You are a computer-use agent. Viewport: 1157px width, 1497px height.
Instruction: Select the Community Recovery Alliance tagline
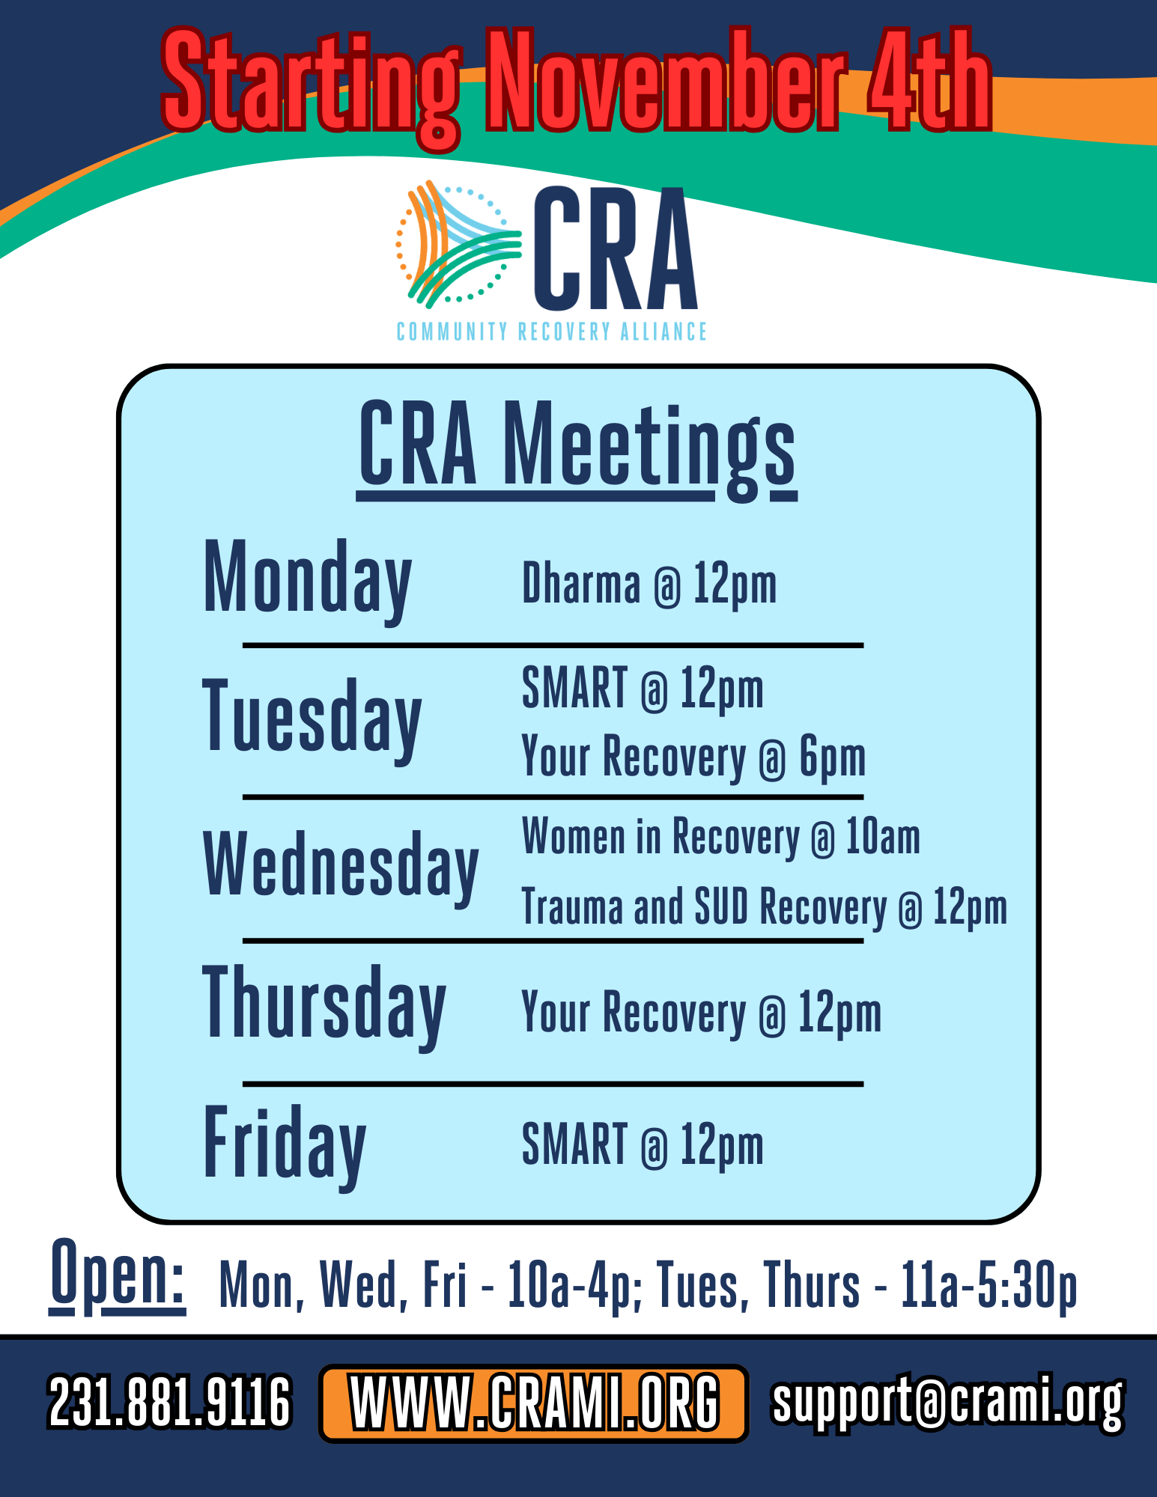(551, 332)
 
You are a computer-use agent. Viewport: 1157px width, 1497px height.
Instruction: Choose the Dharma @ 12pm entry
(649, 585)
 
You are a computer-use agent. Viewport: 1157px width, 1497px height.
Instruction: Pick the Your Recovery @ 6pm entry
(693, 757)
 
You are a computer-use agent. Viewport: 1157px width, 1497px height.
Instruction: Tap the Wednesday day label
(341, 865)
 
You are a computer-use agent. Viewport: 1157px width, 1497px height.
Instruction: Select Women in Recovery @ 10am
(720, 837)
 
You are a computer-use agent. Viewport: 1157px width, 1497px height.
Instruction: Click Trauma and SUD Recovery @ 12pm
(764, 907)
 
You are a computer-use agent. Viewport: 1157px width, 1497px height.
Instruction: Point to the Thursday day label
(324, 1004)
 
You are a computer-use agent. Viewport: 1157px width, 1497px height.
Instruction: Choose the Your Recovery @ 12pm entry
(701, 1013)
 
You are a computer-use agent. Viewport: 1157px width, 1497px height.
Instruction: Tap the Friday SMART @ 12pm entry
(643, 1145)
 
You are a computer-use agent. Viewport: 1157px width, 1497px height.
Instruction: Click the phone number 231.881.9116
(169, 1402)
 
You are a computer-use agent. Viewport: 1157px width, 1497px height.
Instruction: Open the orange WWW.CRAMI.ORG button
(533, 1403)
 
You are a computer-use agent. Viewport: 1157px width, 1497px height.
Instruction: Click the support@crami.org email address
(947, 1401)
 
